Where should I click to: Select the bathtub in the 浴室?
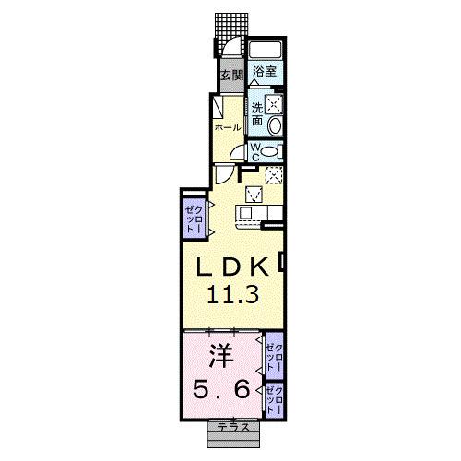coord(266,52)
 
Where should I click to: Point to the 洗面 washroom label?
coord(257,112)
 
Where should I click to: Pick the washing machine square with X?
coord(273,105)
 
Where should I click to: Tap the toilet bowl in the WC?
coord(270,151)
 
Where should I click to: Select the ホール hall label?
coord(227,126)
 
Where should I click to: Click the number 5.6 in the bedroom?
coord(219,390)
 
